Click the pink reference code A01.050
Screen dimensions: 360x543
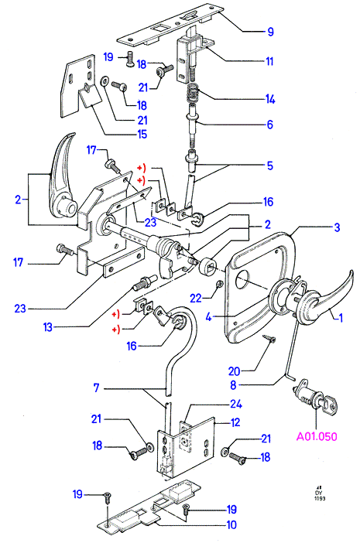coord(317,436)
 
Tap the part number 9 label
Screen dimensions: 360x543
coord(271,32)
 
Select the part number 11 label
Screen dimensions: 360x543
coord(269,61)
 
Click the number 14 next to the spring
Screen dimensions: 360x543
coord(270,99)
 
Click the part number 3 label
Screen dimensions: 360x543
coord(337,227)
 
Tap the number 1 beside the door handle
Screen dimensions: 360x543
coord(341,318)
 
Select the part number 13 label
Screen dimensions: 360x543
coord(48,327)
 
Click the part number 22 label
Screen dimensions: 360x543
coord(196,298)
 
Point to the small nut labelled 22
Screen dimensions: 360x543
coord(218,285)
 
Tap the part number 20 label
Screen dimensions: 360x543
coord(235,371)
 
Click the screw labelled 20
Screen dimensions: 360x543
coord(270,338)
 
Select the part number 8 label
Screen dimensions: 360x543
coord(234,384)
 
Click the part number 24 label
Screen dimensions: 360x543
coord(236,404)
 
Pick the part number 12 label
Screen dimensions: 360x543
coord(235,422)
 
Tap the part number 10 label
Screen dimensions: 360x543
coord(231,524)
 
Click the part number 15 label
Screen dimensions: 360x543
coord(142,134)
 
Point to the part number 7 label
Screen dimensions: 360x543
coord(96,388)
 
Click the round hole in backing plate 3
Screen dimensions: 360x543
coord(242,280)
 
